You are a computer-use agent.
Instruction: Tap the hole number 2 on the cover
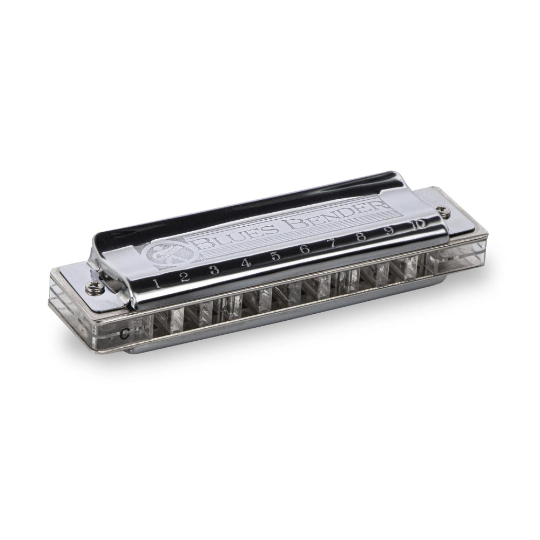click(184, 276)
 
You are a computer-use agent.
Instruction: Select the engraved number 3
click(214, 269)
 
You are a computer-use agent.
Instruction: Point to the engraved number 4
click(245, 263)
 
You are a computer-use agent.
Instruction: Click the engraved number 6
click(305, 249)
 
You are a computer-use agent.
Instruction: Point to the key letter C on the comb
click(126, 332)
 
